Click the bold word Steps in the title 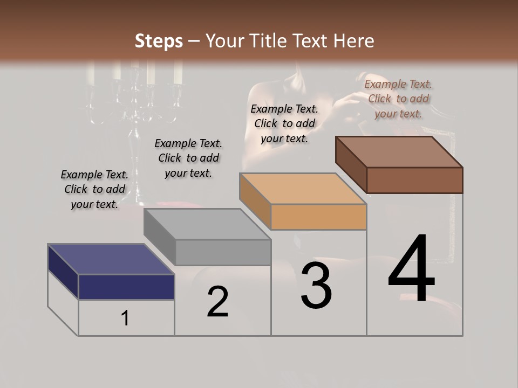pyautogui.click(x=159, y=41)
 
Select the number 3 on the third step pyautogui.click(x=316, y=286)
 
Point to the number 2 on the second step pyautogui.click(x=218, y=302)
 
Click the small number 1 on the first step pyautogui.click(x=125, y=318)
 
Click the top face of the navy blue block pyautogui.click(x=111, y=259)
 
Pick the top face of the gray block pyautogui.click(x=207, y=224)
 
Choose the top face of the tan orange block pyautogui.click(x=303, y=189)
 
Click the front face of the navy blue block pyautogui.click(x=126, y=287)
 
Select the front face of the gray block pyautogui.click(x=223, y=252)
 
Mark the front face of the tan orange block pyautogui.click(x=318, y=217)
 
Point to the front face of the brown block pyautogui.click(x=414, y=180)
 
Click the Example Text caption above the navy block pyautogui.click(x=94, y=189)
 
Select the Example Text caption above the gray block pyautogui.click(x=188, y=158)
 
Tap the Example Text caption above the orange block pyautogui.click(x=284, y=123)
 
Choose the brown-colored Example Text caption pyautogui.click(x=398, y=99)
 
